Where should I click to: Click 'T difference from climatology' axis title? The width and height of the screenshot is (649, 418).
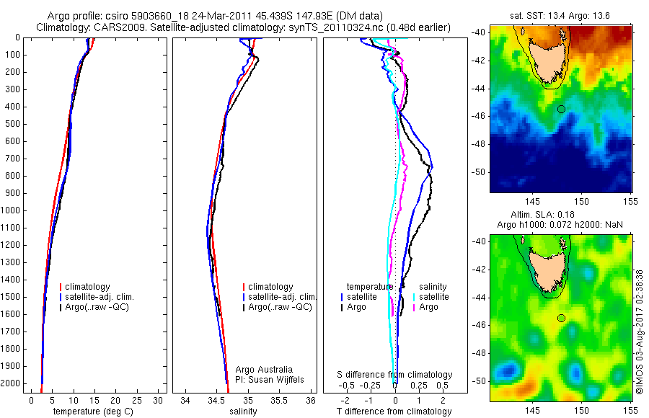click(394, 412)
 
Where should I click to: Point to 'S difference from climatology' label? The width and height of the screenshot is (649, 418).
click(394, 375)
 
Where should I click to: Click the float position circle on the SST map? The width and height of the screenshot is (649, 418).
click(561, 109)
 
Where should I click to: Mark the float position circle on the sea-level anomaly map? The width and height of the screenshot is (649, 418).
click(561, 318)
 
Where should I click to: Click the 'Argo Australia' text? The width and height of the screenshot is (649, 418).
click(265, 370)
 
